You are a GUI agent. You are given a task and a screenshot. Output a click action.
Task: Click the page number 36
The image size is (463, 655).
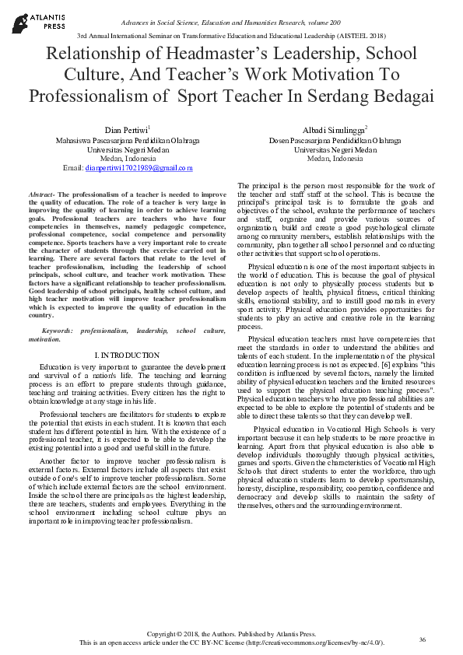[x=423, y=639]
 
